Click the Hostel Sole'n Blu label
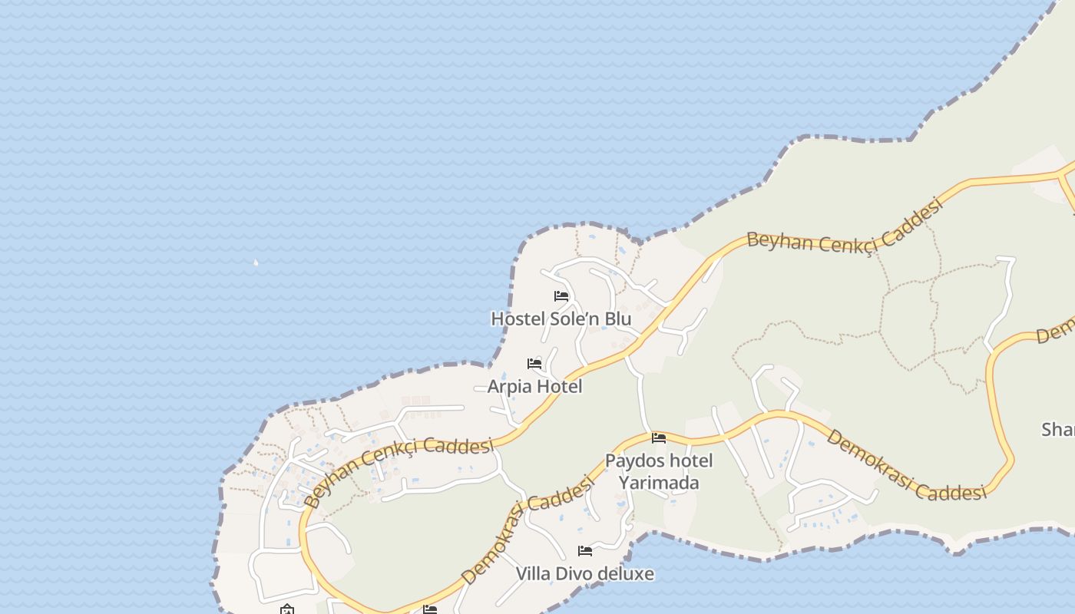point(561,319)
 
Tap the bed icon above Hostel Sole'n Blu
point(561,296)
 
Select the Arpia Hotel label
point(534,386)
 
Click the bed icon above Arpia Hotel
point(534,364)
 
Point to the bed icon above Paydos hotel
point(659,438)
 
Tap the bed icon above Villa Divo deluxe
point(585,551)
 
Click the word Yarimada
point(659,483)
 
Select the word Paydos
point(633,461)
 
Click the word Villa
point(533,573)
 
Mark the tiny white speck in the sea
point(256,263)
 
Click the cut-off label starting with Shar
point(1058,430)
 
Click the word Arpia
point(510,386)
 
